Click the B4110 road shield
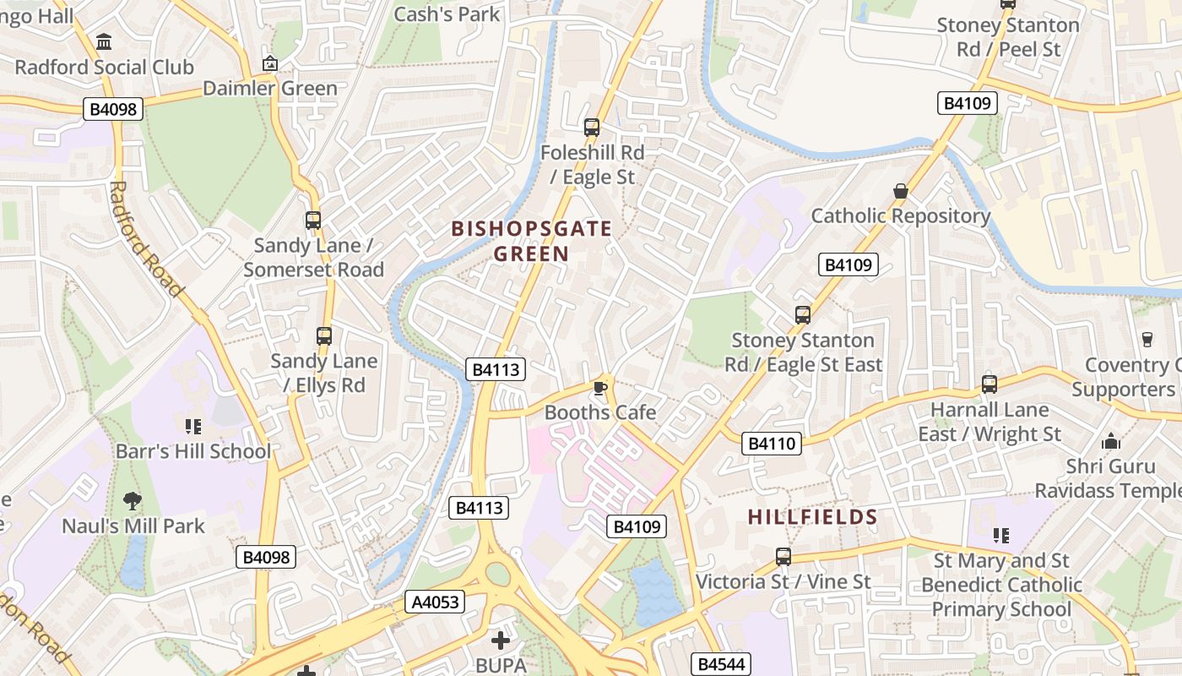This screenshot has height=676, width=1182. tap(772, 443)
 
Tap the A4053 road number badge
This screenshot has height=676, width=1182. tap(436, 602)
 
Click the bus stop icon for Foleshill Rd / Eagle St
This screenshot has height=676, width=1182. tap(592, 128)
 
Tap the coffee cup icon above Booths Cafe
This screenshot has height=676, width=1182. tap(600, 388)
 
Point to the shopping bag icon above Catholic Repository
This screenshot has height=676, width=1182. tap(901, 191)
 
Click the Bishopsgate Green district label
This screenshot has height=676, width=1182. tap(531, 241)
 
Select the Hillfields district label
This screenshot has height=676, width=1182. tap(812, 517)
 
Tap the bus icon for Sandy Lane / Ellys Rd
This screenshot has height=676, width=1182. tap(324, 336)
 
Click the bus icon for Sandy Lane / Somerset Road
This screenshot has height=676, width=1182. tap(313, 221)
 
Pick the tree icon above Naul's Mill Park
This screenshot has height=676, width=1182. tap(133, 501)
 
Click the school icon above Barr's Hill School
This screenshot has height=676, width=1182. tap(192, 426)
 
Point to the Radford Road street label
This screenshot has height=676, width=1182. tap(145, 239)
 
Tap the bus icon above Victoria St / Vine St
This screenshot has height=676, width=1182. tap(783, 557)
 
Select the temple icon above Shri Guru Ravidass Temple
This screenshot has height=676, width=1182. tap(1110, 441)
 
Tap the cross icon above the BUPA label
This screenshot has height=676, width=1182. tap(501, 641)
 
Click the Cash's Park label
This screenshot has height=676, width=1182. tap(447, 14)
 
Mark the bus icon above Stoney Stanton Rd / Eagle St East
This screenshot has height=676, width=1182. tap(803, 315)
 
